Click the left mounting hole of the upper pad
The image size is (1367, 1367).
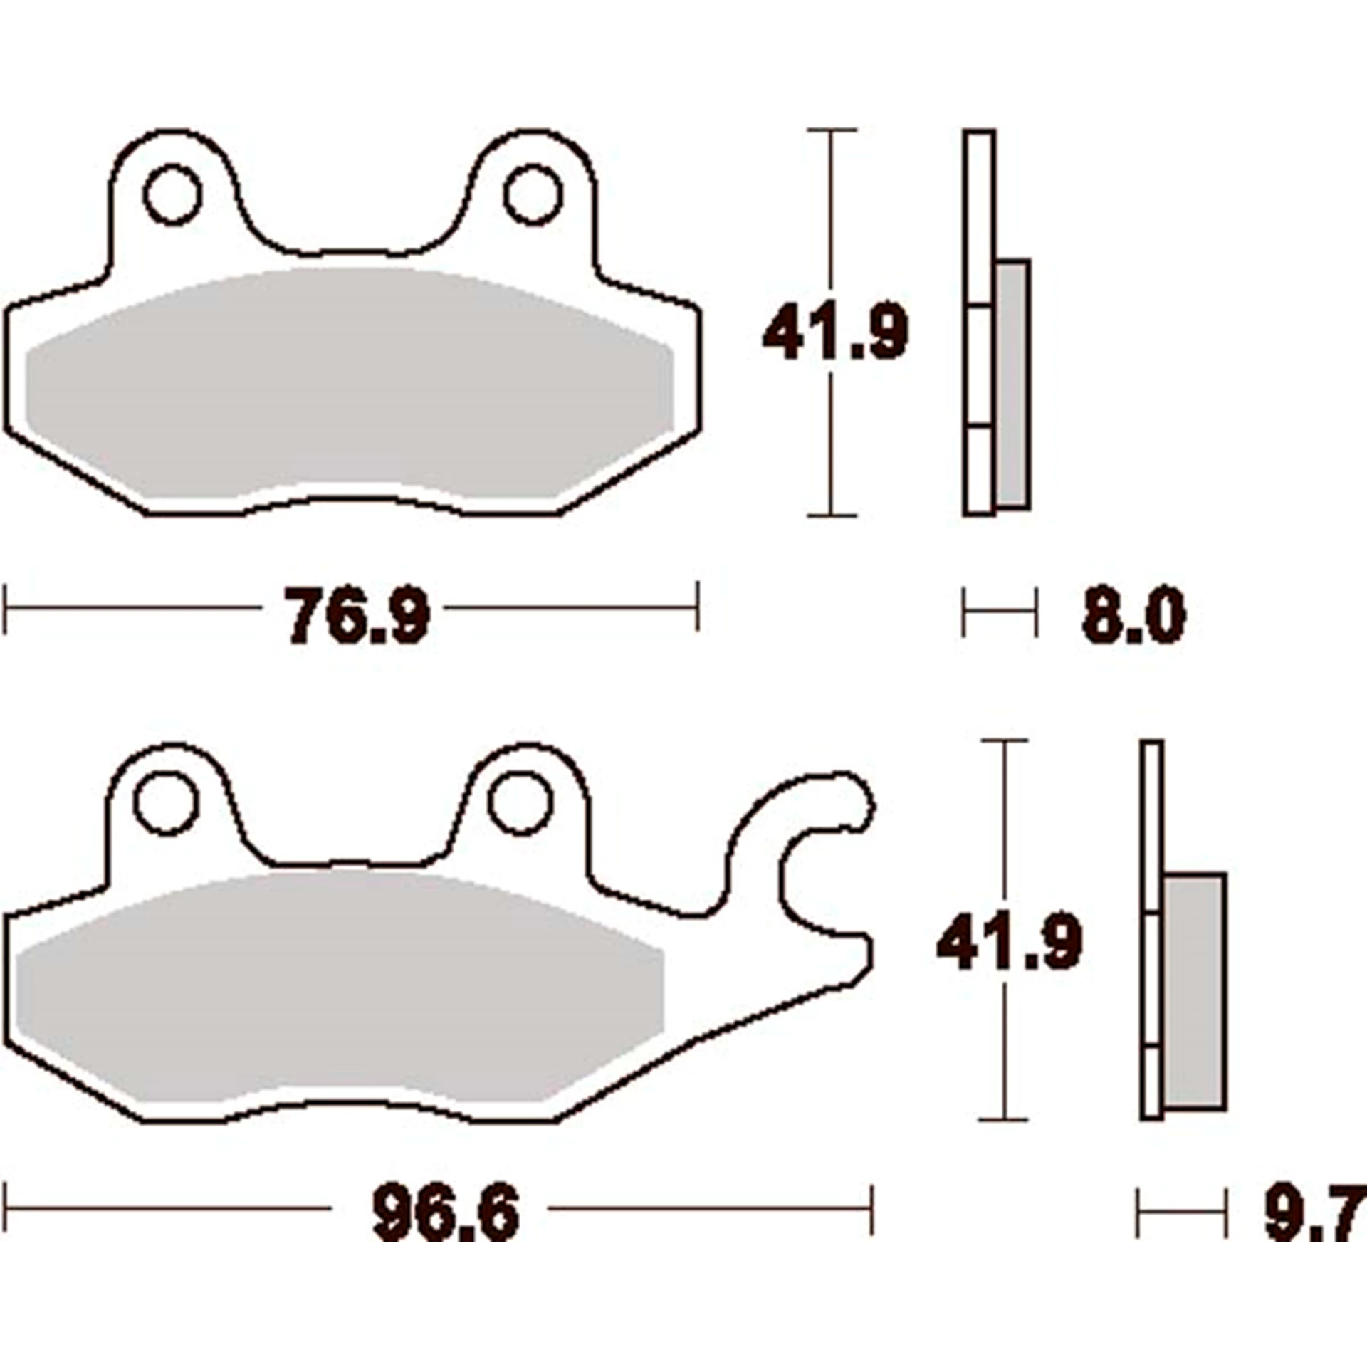[x=172, y=194]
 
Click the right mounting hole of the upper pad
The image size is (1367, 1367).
[x=533, y=194]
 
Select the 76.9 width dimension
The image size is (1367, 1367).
[x=358, y=614]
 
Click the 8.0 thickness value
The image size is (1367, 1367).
[x=1133, y=617]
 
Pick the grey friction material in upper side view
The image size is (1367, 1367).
[x=1012, y=384]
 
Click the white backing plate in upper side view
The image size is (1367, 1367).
[x=979, y=214]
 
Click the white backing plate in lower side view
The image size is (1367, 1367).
[x=1151, y=819]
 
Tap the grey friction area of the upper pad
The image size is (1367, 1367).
[x=349, y=384]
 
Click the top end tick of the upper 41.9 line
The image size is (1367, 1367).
[x=832, y=131]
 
